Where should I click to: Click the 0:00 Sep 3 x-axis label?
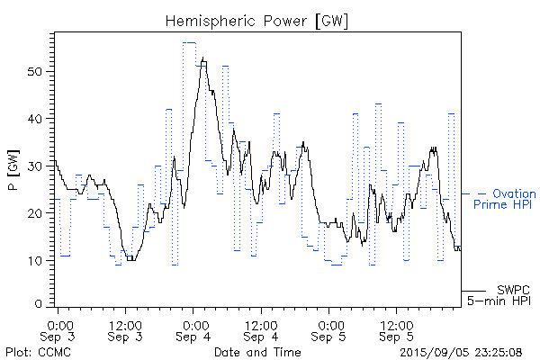58,329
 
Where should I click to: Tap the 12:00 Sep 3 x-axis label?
124,329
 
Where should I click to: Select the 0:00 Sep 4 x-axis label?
193,329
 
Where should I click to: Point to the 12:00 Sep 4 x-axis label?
260,329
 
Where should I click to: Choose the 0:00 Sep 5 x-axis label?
329,329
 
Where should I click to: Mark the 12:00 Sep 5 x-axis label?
396,329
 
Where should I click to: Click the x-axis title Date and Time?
259,351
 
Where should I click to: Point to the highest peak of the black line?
203,58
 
